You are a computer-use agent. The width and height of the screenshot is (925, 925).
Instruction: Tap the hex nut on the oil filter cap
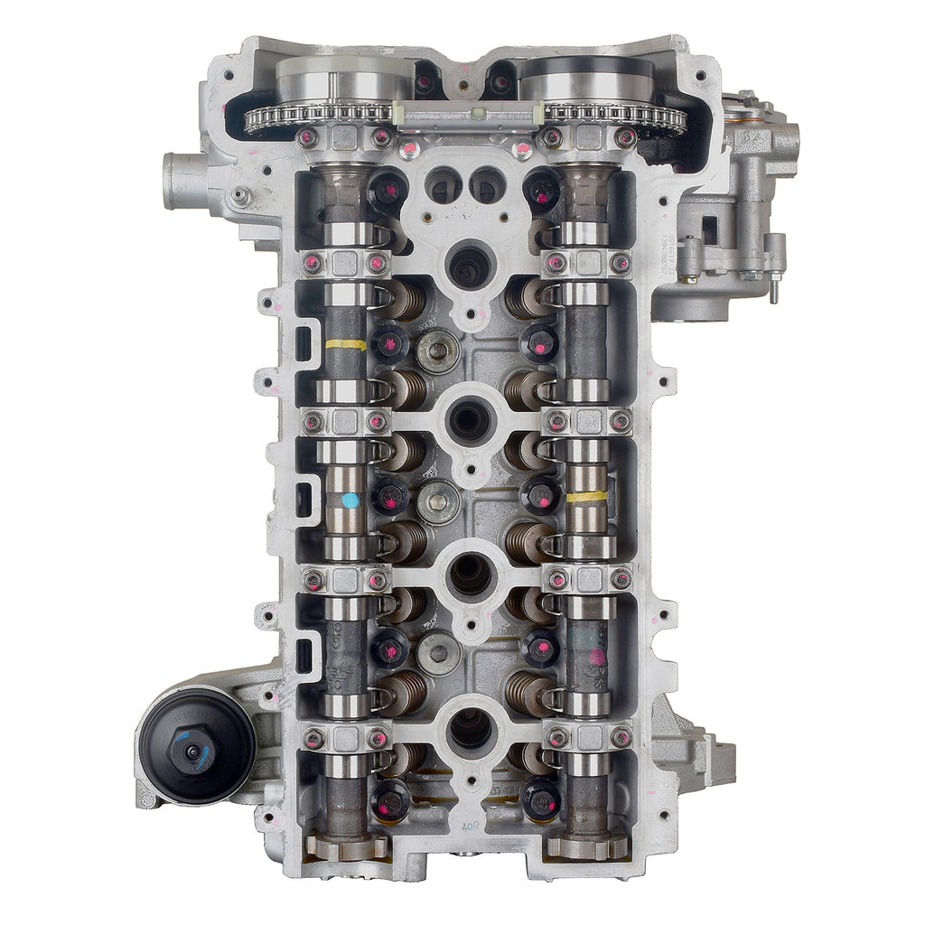click(x=192, y=752)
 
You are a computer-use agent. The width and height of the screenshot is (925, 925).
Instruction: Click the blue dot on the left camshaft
click(x=350, y=500)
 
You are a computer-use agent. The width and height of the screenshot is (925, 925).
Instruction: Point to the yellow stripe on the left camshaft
click(x=345, y=344)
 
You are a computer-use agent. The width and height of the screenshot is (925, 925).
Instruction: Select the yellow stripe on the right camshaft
click(x=587, y=496)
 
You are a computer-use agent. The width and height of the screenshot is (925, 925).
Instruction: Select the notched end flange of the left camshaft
click(x=347, y=846)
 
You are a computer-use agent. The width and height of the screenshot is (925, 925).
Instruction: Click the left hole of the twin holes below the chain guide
click(x=443, y=185)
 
